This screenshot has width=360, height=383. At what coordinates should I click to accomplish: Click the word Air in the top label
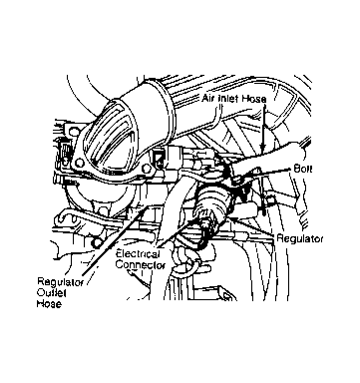pos(208,99)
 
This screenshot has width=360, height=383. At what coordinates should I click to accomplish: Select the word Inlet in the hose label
pos(228,99)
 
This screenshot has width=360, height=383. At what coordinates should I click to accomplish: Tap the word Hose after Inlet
pos(254,99)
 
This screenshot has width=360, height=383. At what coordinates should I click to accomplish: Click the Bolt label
pos(303,169)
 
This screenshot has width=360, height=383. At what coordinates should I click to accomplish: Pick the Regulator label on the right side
pos(300,238)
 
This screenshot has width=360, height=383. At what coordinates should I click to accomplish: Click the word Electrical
pos(138,254)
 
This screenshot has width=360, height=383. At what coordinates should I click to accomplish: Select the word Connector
pos(141,265)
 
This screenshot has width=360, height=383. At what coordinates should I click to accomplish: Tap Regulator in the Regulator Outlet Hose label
pos(60,283)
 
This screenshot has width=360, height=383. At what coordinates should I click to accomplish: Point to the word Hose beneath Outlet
pos(49,303)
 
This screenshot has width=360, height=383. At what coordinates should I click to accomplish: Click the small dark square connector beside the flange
pos(161,158)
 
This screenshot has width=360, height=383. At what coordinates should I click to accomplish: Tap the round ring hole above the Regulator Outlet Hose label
pos(97,242)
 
